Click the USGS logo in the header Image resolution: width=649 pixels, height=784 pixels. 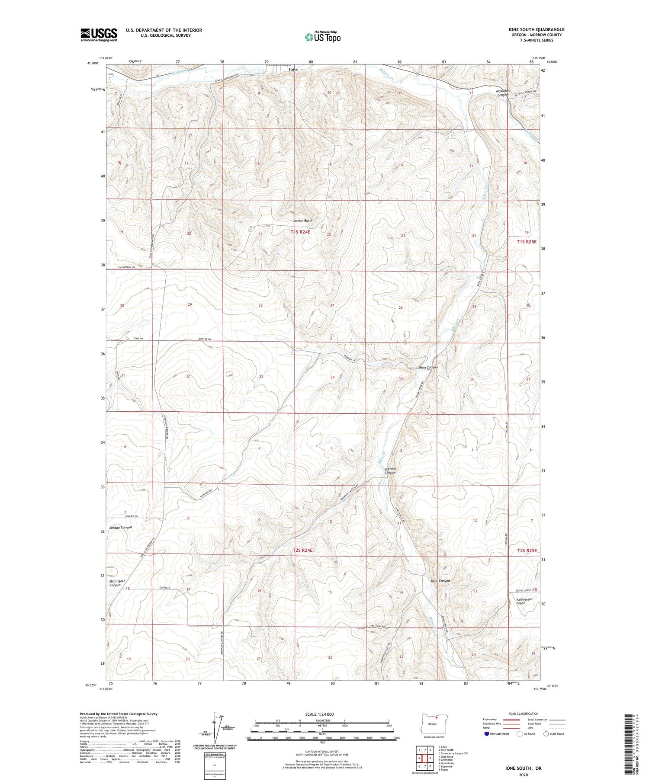[x=99, y=35]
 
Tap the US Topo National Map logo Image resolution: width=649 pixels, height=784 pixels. [x=322, y=37]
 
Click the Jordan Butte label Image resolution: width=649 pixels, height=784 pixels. [x=302, y=221]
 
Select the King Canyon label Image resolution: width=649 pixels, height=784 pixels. [x=428, y=368]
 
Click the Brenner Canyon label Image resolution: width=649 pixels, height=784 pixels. [x=390, y=471]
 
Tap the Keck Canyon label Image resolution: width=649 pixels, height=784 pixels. [x=440, y=581]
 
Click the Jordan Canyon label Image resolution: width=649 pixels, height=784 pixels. [x=120, y=528]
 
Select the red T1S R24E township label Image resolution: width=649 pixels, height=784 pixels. [x=306, y=232]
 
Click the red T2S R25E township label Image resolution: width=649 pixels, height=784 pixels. [x=527, y=550]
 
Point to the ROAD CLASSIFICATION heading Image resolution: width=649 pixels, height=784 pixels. [x=524, y=714]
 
